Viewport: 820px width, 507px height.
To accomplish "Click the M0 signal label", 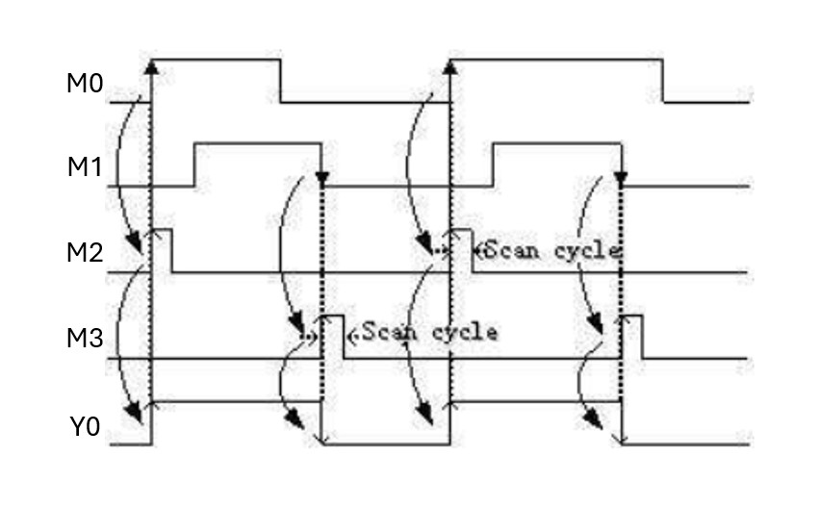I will [85, 84].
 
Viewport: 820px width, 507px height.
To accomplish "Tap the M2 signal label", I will [85, 255].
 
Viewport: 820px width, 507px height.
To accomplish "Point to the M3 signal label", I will [85, 341].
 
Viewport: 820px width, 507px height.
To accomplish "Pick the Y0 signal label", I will [85, 426].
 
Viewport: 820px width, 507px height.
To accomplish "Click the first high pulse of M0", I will [216, 61].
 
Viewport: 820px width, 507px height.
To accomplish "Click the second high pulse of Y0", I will [535, 401].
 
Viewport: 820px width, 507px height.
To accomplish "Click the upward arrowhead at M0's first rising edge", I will [151, 65].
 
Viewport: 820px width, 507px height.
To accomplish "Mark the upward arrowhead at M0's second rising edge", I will [450, 65].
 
